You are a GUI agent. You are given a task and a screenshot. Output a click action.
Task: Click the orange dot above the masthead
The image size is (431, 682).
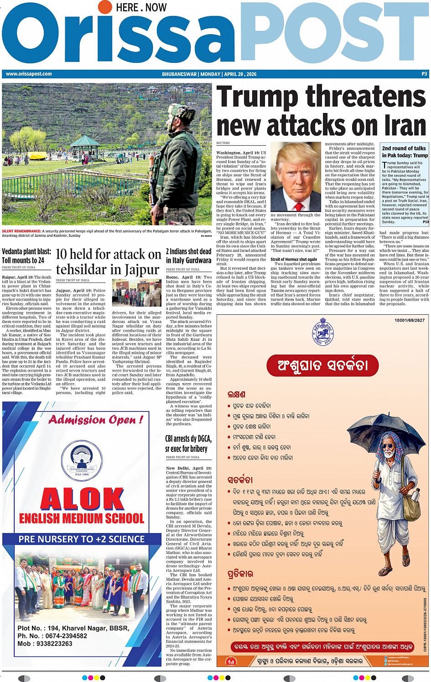coord(104,7)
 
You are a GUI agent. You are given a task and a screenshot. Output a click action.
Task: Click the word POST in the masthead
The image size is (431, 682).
coord(333,39)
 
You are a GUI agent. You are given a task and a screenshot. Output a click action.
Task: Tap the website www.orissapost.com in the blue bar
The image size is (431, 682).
coord(28,74)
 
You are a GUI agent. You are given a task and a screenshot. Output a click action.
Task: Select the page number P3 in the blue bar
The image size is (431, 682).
coord(424,74)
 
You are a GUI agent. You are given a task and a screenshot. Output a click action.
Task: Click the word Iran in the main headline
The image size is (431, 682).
coord(400,125)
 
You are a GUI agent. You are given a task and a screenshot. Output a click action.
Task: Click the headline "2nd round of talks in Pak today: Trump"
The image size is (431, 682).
coord(404,152)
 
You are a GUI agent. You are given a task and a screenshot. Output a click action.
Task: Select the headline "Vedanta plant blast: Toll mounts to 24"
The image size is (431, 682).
coord(26,256)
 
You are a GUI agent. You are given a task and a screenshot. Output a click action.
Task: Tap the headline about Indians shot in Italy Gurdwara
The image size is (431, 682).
coord(188,256)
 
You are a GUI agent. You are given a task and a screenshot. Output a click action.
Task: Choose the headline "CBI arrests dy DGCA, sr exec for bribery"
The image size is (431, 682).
coord(188,443)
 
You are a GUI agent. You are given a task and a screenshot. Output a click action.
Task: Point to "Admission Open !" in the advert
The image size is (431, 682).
coord(96,419)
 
